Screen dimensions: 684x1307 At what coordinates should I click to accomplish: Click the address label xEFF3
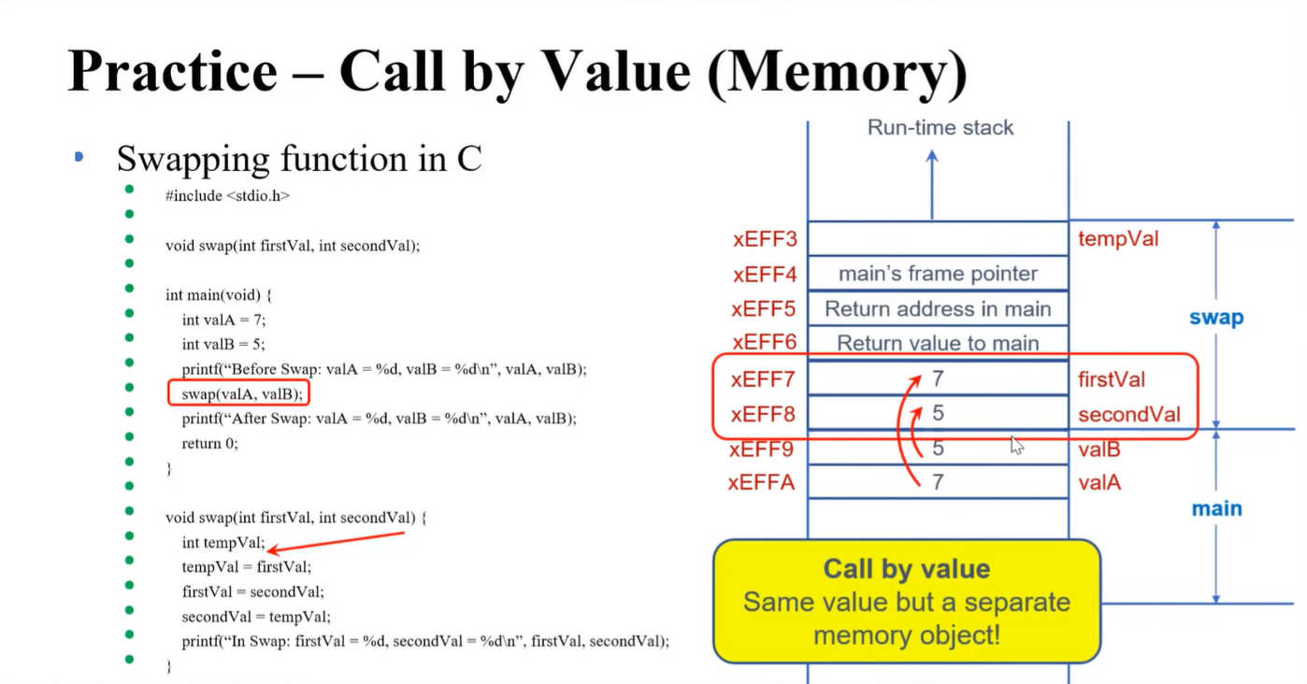click(x=765, y=239)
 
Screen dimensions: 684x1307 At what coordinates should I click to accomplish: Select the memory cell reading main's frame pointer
click(x=938, y=274)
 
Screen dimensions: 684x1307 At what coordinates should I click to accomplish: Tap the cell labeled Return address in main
click(x=938, y=309)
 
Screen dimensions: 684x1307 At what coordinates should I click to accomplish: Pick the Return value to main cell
click(x=938, y=343)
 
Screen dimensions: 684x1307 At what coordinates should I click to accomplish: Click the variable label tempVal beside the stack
click(x=1118, y=239)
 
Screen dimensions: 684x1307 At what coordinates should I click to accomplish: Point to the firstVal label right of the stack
click(x=1112, y=379)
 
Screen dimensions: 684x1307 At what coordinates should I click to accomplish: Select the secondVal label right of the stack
click(x=1128, y=414)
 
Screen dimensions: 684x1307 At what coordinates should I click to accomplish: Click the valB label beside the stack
click(x=1099, y=449)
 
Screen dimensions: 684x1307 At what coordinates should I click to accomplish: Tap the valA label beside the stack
click(x=1099, y=483)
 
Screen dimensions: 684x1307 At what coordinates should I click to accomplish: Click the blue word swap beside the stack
click(x=1216, y=318)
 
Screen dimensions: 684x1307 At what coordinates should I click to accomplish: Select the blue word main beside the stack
click(x=1216, y=509)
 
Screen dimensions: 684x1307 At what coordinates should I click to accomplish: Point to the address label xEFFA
click(x=762, y=483)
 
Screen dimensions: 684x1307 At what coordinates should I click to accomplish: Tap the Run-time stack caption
click(x=940, y=128)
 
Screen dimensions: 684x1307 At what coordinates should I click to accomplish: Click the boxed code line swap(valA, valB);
click(x=239, y=393)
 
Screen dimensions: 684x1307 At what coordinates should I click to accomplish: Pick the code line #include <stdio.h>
click(x=227, y=196)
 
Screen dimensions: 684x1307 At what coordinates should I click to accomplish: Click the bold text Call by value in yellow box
click(x=905, y=569)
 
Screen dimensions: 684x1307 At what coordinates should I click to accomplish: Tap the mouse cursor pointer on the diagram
click(x=1016, y=445)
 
